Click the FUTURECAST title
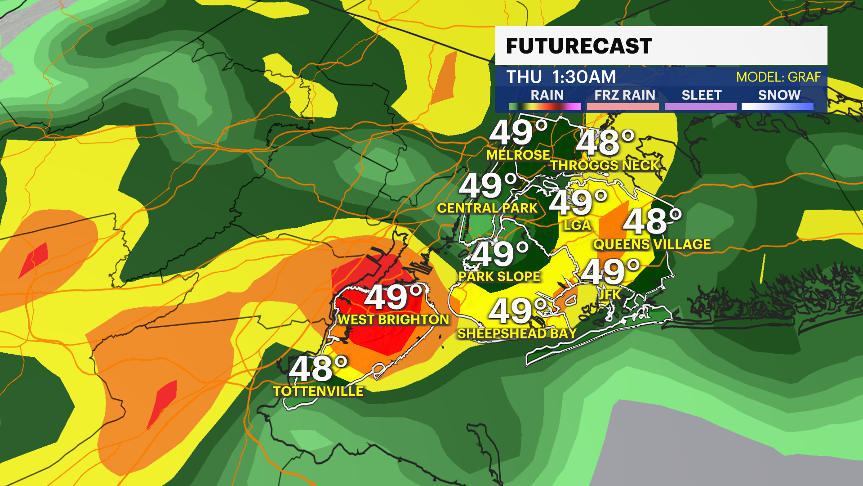[579, 46]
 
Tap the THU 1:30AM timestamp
[561, 77]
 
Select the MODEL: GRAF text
[778, 77]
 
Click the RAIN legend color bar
[545, 107]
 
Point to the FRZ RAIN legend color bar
[623, 107]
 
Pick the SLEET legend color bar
[700, 107]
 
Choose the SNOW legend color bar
[777, 107]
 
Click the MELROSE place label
[518, 155]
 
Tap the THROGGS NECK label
[605, 166]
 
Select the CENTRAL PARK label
[487, 208]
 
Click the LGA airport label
[577, 225]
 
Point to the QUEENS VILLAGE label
[652, 244]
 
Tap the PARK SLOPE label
[499, 276]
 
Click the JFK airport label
[610, 294]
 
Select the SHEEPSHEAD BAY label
[517, 333]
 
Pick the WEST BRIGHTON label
[393, 319]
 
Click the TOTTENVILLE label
[318, 391]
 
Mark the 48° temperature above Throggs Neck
[605, 143]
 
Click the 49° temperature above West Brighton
[394, 297]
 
